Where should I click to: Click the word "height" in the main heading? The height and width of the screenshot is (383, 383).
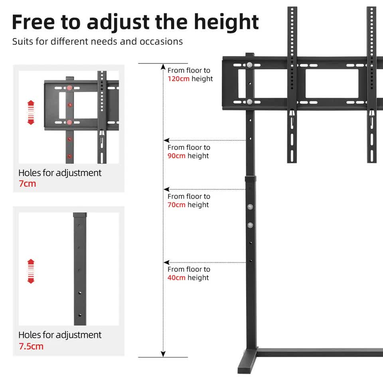click(x=227, y=23)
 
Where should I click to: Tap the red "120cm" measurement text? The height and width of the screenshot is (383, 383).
click(x=178, y=79)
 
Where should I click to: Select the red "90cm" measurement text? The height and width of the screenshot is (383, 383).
click(x=176, y=156)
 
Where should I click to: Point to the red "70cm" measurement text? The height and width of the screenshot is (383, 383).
click(x=176, y=205)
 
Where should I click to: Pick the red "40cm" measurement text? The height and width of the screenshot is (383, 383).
click(x=176, y=278)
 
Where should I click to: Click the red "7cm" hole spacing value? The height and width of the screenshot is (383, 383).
click(x=27, y=184)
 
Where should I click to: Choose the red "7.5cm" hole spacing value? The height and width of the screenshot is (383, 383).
click(x=31, y=346)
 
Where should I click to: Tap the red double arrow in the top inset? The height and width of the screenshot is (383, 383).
click(x=31, y=113)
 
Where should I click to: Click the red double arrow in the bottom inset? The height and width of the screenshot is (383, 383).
click(x=31, y=271)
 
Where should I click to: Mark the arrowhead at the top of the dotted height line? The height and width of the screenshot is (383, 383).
click(x=163, y=67)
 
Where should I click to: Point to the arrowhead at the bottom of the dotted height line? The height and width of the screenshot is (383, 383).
click(x=163, y=354)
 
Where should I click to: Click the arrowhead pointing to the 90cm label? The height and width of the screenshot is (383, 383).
click(x=166, y=140)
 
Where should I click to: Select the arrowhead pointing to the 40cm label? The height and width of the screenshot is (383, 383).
click(x=166, y=263)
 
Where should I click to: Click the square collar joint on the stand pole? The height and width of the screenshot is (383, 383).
click(x=251, y=182)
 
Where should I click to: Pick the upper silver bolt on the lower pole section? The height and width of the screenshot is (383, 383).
click(x=250, y=207)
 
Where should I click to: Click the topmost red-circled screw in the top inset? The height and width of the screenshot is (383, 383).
click(x=69, y=88)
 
